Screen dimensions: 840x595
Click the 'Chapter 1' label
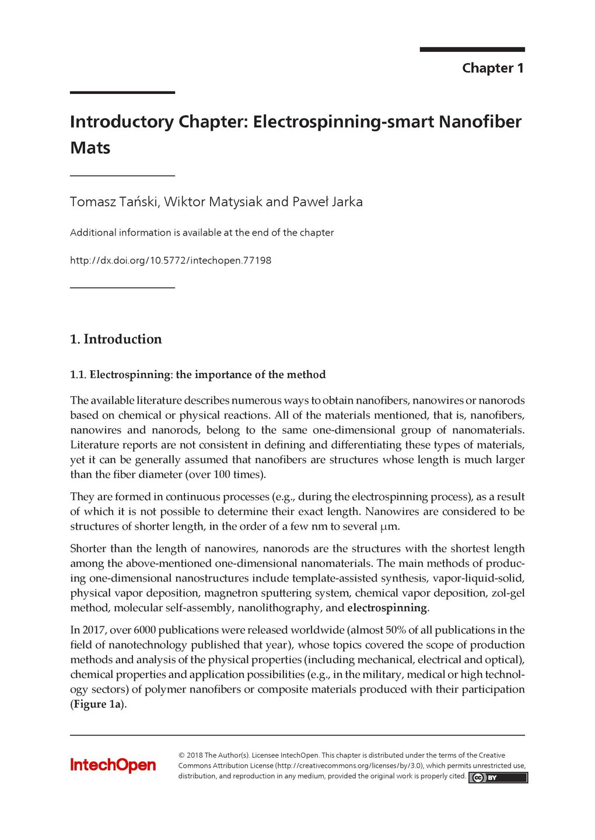click(492, 68)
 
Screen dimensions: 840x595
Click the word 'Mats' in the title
click(90, 148)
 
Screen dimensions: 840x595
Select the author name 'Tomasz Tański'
click(114, 202)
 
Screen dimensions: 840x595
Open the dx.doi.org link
click(170, 260)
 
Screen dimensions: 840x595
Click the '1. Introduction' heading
click(116, 339)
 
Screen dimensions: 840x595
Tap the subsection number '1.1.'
click(78, 374)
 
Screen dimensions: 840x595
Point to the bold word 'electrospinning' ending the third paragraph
click(387, 608)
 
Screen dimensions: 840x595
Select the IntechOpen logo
click(113, 765)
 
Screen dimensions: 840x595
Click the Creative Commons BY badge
click(498, 777)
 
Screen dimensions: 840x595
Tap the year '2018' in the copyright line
click(194, 755)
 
